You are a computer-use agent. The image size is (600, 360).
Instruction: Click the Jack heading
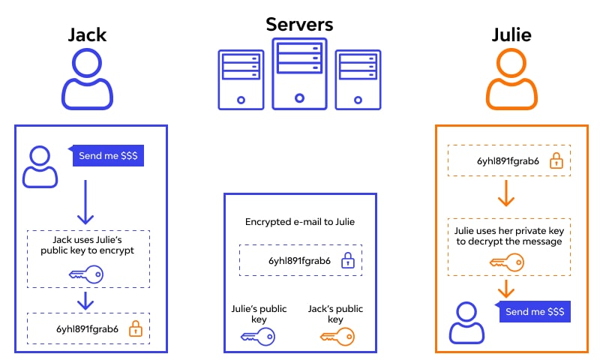[88, 35]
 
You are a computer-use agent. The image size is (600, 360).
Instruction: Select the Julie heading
[511, 35]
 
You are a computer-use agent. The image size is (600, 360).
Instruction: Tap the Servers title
[299, 23]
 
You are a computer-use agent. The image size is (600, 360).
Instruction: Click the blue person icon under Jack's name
[88, 79]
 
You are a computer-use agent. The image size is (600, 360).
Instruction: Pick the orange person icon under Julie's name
[511, 79]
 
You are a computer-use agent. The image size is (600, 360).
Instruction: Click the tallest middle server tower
[299, 73]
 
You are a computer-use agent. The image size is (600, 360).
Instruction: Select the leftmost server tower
[241, 79]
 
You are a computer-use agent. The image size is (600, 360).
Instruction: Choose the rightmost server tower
[358, 79]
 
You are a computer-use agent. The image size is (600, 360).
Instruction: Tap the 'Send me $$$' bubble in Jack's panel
[106, 157]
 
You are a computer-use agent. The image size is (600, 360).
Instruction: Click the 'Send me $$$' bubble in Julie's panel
[534, 311]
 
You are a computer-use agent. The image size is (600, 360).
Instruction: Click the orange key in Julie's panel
[506, 262]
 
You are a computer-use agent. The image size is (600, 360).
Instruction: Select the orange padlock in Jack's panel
[136, 328]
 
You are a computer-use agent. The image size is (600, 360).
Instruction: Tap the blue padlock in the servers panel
[347, 261]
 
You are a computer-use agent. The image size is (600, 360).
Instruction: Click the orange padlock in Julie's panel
[556, 160]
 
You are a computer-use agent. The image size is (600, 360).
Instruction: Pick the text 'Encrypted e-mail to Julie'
[299, 222]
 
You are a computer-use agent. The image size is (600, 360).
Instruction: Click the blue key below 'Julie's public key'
[257, 337]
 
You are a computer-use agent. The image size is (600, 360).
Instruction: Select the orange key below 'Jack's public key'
[337, 337]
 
